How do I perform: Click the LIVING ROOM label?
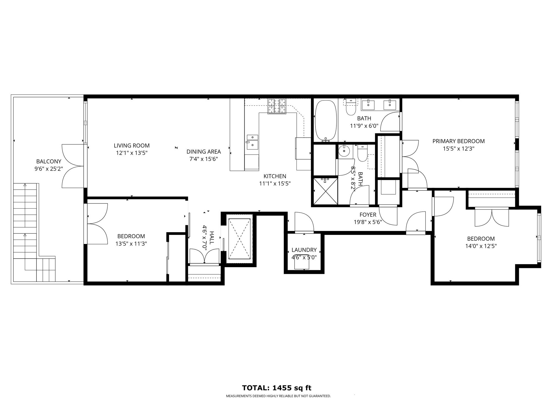[132, 145]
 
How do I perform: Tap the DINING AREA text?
[204, 152]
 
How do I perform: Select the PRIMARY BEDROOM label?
[458, 141]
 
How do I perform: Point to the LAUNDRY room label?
[304, 250]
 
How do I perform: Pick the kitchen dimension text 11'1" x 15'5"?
[275, 184]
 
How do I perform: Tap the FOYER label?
[368, 215]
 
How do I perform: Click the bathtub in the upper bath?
[326, 121]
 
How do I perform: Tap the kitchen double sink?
[253, 142]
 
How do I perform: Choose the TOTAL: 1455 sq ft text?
[277, 388]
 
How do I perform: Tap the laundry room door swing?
[304, 221]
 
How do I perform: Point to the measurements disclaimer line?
[278, 396]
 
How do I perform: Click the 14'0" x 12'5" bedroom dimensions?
[481, 246]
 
